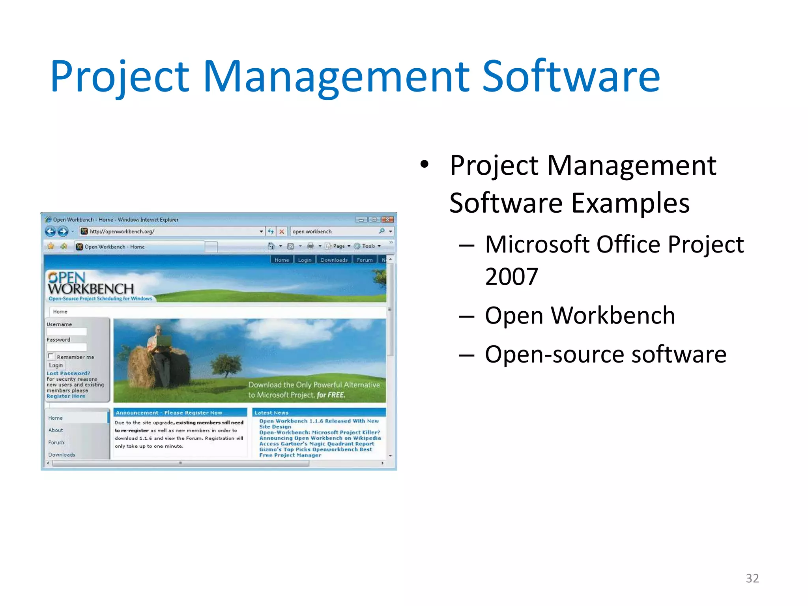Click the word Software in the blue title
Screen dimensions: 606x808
pyautogui.click(x=571, y=76)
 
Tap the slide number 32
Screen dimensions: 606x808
pyautogui.click(x=752, y=578)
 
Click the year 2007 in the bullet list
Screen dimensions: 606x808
pyautogui.click(x=511, y=277)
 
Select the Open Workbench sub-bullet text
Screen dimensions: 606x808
pyautogui.click(x=580, y=315)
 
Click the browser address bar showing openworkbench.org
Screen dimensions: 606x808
pyautogui.click(x=170, y=232)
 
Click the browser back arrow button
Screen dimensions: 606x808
pyautogui.click(x=50, y=232)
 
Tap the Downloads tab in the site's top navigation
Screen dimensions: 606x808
pyautogui.click(x=334, y=260)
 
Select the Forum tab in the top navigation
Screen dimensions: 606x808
pyautogui.click(x=365, y=260)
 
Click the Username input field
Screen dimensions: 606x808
pyautogui.click(x=67, y=332)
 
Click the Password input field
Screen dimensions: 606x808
pyautogui.click(x=67, y=347)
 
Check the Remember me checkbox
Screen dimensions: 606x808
pyautogui.click(x=50, y=356)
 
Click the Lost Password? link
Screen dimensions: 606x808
pyautogui.click(x=68, y=373)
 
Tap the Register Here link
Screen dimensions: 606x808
pyautogui.click(x=65, y=396)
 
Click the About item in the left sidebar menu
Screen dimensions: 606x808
pyautogui.click(x=56, y=430)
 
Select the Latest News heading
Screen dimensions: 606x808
pyautogui.click(x=271, y=413)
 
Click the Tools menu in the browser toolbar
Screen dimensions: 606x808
pyautogui.click(x=368, y=246)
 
